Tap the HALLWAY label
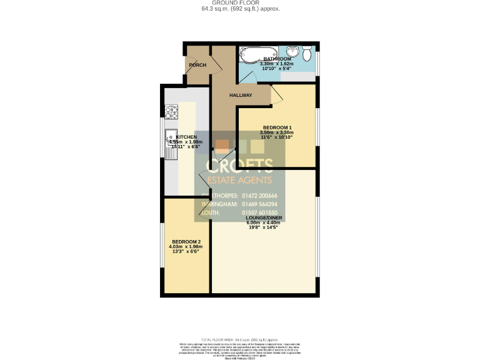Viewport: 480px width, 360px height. pos(240,96)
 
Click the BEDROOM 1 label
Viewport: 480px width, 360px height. pos(276,127)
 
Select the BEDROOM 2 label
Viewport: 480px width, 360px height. pos(186,242)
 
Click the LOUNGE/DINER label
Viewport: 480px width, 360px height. pos(264,217)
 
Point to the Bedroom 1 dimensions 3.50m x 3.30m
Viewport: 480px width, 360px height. pos(276,132)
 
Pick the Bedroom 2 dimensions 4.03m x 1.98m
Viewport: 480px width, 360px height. pos(186,247)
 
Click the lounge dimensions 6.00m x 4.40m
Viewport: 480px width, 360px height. pos(264,223)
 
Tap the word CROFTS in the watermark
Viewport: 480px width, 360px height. pos(240,166)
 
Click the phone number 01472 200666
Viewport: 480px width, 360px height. pos(264,196)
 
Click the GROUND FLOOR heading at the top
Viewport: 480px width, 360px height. pos(240,3)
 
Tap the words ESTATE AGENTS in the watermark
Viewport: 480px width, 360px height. pos(240,181)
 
